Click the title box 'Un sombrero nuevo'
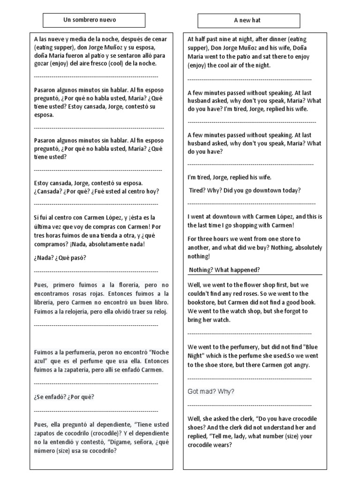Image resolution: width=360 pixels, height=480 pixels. [x=90, y=20]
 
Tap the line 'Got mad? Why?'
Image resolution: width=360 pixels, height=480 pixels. [x=211, y=391]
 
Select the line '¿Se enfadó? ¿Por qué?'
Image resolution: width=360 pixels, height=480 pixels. [x=64, y=397]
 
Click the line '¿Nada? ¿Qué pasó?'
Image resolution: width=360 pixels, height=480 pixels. [x=60, y=258]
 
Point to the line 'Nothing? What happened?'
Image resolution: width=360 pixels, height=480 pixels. [x=224, y=270]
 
